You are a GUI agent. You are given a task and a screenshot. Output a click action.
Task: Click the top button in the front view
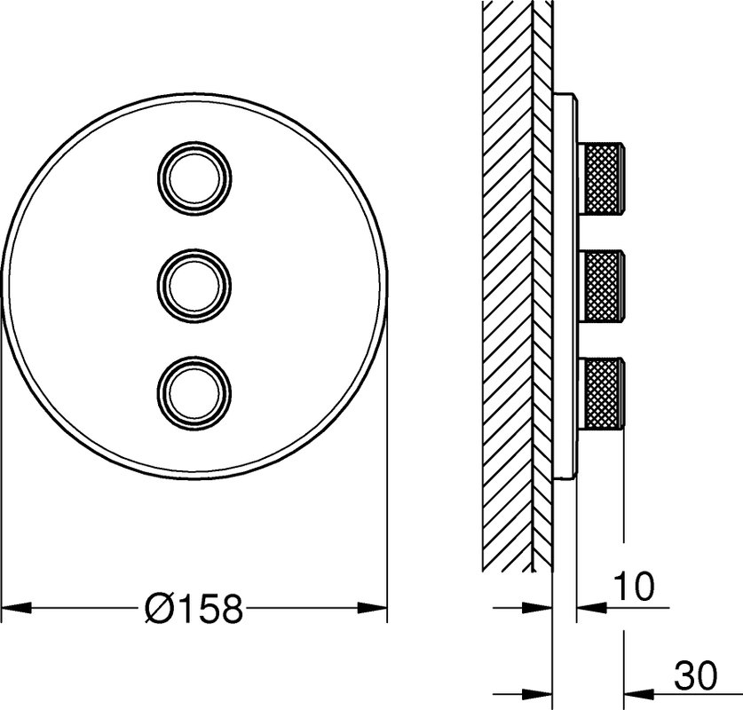(x=194, y=178)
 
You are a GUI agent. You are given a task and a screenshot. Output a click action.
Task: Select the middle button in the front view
(x=194, y=285)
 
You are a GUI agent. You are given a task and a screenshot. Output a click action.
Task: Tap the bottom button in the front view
(x=194, y=392)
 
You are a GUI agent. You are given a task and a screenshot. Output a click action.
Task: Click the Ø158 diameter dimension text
(x=194, y=608)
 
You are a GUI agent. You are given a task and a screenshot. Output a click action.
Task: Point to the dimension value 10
(x=634, y=587)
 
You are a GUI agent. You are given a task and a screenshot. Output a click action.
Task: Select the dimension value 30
(x=696, y=676)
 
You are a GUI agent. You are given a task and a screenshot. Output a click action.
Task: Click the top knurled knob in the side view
(x=602, y=178)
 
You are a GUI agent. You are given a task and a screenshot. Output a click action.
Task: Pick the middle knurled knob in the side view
(x=602, y=285)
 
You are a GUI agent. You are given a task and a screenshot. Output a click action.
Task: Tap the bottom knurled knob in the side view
(x=602, y=392)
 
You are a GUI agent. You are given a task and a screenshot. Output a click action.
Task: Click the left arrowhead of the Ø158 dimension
(x=17, y=608)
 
